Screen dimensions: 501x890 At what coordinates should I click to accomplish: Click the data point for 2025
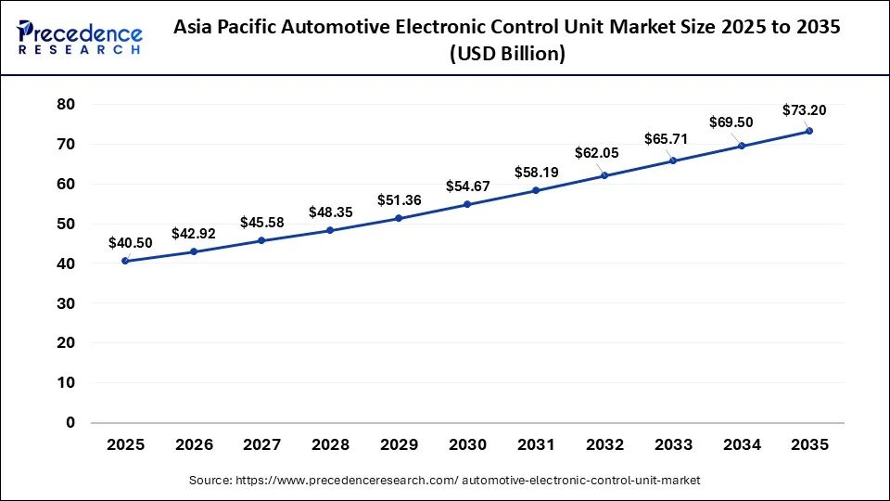pos(125,261)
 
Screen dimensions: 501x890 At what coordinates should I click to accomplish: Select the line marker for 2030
pos(467,204)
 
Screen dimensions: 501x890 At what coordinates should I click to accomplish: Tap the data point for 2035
pos(809,131)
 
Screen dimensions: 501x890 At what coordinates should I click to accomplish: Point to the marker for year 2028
pos(330,230)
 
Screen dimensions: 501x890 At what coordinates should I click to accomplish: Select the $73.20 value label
pos(804,110)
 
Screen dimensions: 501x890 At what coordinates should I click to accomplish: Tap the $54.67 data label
pos(467,186)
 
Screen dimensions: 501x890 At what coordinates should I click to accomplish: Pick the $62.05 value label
pos(604,153)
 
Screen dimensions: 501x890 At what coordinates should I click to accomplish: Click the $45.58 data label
pos(261,222)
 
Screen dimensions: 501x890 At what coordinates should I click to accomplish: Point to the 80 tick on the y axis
pos(65,105)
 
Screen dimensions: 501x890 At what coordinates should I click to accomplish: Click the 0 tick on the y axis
pos(70,423)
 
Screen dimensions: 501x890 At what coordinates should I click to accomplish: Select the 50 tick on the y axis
pos(65,224)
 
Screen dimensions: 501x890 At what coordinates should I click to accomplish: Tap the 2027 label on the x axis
pos(261,445)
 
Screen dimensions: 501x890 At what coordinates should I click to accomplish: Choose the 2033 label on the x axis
pos(672,445)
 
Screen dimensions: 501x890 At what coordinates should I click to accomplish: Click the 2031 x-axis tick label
pos(536,445)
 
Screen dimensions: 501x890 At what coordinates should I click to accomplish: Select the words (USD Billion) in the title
pos(507,54)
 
